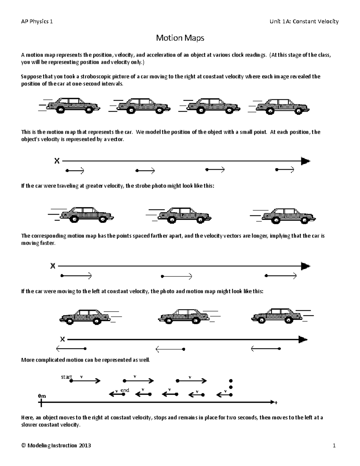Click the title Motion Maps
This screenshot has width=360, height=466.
[x=180, y=38]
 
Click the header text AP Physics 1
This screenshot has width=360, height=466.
[x=37, y=21]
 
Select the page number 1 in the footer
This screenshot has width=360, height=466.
[x=334, y=446]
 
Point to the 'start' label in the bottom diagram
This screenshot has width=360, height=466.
[x=66, y=377]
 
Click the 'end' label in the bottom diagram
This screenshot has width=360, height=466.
[x=124, y=390]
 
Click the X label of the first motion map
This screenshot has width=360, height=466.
[x=57, y=161]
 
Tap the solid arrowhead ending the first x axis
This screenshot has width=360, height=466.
[x=305, y=161]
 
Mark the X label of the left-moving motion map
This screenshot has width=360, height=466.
[x=62, y=339]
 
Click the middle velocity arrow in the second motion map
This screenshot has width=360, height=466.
[x=177, y=276]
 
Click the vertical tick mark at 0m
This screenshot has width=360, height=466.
[x=41, y=402]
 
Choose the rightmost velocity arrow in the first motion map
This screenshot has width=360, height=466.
[x=285, y=170]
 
